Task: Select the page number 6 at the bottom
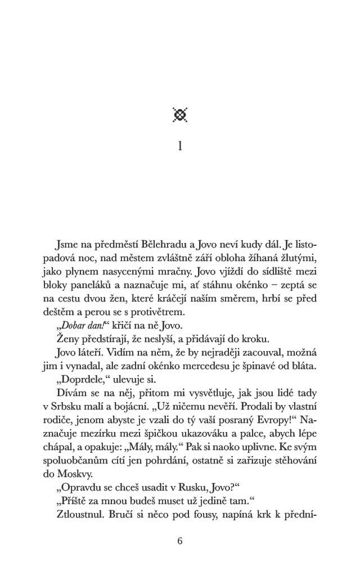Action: pos(180,541)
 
